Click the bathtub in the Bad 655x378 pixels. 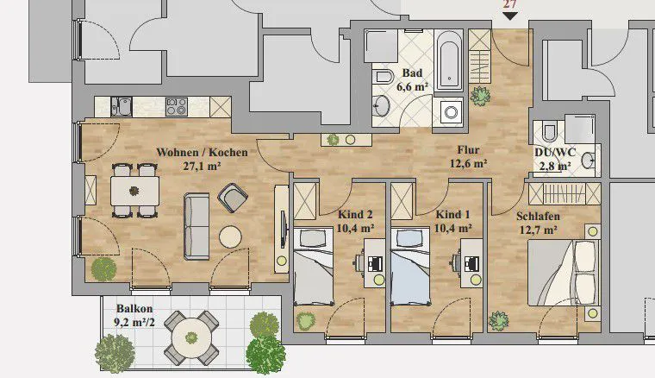click(449, 60)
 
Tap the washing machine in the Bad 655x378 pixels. click(451, 112)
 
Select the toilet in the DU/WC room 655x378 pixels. click(548, 132)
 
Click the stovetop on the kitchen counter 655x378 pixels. click(177, 107)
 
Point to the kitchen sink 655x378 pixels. click(122, 107)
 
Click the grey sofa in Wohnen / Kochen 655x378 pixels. click(196, 226)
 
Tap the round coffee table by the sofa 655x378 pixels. click(230, 237)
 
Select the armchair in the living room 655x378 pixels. click(233, 198)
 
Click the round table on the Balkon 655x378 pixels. click(191, 337)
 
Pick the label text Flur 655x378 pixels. click(468, 149)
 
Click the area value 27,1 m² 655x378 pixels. click(202, 166)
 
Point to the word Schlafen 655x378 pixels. click(538, 216)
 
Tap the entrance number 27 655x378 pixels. click(509, 4)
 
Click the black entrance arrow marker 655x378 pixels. click(510, 16)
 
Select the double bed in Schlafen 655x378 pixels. click(562, 272)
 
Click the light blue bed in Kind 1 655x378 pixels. click(410, 267)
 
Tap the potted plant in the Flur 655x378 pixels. click(480, 96)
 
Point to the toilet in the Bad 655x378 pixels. click(383, 78)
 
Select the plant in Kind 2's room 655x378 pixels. click(306, 321)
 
